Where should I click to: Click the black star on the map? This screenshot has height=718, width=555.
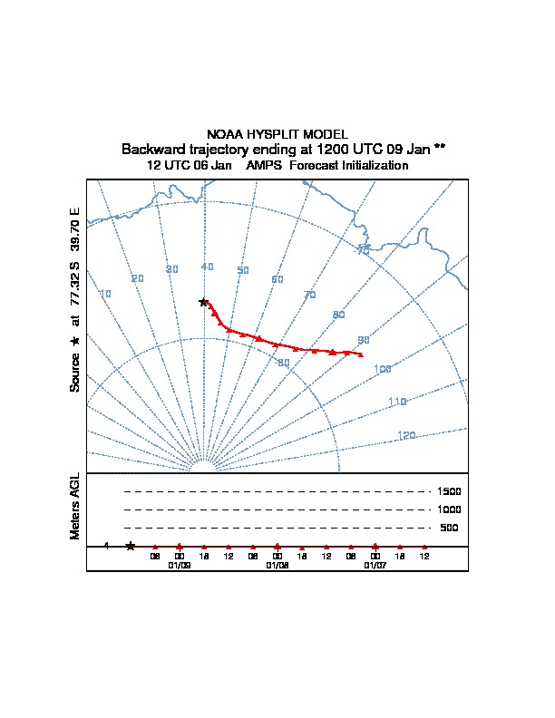click(204, 302)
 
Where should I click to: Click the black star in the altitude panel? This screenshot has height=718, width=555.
click(131, 546)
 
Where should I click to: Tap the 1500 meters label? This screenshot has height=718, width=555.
click(450, 491)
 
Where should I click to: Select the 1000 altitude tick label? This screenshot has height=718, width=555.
click(450, 509)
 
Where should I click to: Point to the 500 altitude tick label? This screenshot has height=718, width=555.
click(450, 528)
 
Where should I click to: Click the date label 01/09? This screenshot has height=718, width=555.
click(180, 565)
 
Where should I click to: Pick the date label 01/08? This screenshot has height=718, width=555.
click(277, 565)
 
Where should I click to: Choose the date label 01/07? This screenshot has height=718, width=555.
click(375, 565)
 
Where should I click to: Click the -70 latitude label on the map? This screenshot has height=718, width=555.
click(363, 250)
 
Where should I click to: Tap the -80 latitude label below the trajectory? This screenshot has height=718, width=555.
click(283, 363)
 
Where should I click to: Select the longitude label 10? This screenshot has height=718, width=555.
click(105, 294)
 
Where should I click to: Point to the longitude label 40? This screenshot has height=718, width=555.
click(208, 267)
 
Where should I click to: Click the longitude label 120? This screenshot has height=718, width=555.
click(406, 436)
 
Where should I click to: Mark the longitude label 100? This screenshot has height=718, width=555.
click(382, 369)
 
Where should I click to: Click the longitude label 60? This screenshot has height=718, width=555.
click(277, 279)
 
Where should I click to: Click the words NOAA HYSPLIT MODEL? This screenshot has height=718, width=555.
click(277, 133)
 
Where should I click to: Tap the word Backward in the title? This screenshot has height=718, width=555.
click(149, 149)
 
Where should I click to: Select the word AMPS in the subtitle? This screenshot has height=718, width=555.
click(263, 166)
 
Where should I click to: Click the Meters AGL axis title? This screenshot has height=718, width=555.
click(75, 506)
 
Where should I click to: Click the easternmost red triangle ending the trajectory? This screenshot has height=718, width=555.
click(361, 354)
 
